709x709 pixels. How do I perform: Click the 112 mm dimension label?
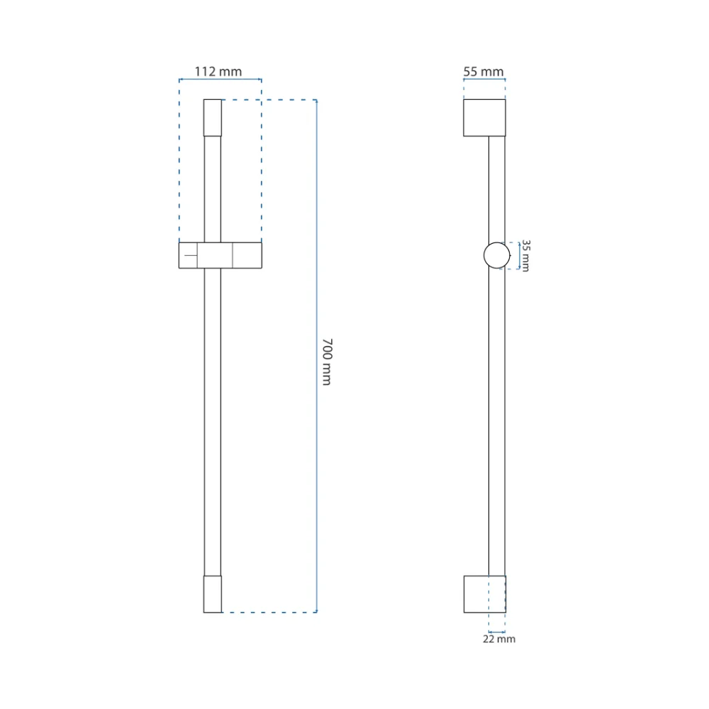tap(218, 72)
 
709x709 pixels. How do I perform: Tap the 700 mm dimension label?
tap(328, 362)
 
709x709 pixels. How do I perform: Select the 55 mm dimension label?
tap(484, 72)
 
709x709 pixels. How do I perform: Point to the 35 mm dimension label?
tap(526, 256)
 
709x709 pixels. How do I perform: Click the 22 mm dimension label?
tap(499, 639)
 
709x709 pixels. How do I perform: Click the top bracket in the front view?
tap(213, 118)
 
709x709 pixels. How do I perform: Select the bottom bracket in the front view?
tap(213, 594)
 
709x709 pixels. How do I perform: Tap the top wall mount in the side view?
tap(484, 118)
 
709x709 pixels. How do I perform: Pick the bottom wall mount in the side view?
tap(485, 594)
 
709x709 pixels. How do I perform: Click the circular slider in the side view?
tap(484, 255)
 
